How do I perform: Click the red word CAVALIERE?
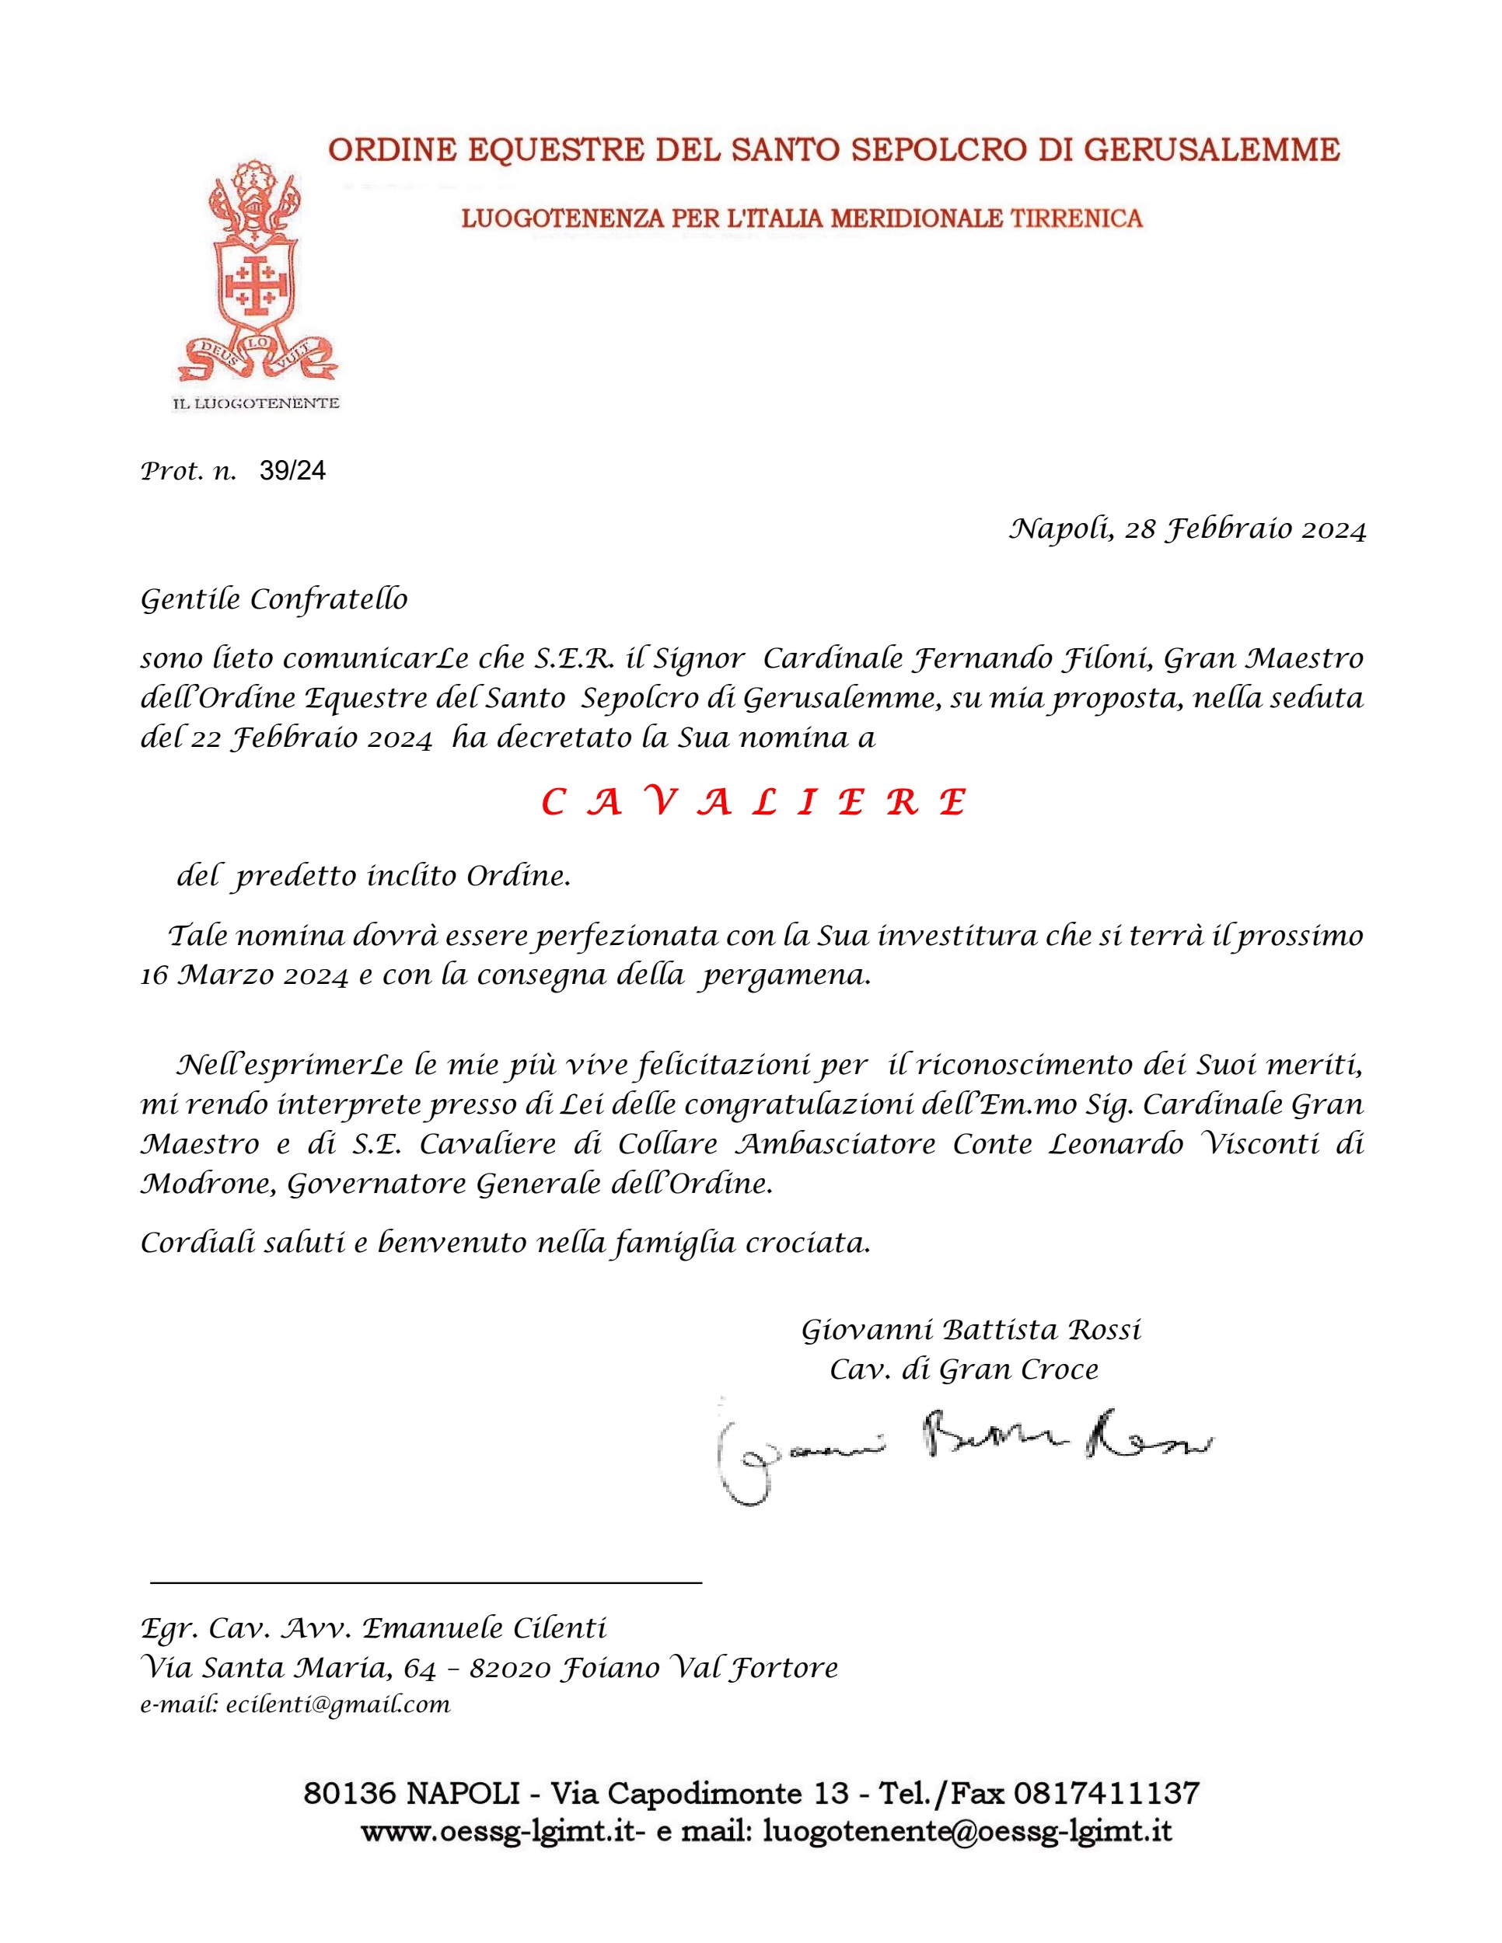(x=753, y=803)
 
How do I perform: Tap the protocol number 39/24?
(x=293, y=471)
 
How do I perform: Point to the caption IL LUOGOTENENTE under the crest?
(x=255, y=404)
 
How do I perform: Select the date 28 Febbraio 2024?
(x=1245, y=529)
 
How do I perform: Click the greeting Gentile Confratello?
(x=274, y=600)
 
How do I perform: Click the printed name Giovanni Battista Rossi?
(x=971, y=1330)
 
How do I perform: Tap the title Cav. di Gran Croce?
(x=964, y=1369)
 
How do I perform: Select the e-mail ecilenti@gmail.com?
(x=338, y=1704)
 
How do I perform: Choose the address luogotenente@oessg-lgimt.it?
(x=967, y=1832)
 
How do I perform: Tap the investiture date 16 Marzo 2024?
(x=245, y=976)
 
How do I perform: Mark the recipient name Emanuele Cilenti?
(x=484, y=1628)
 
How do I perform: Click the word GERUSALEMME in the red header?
(x=1212, y=149)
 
